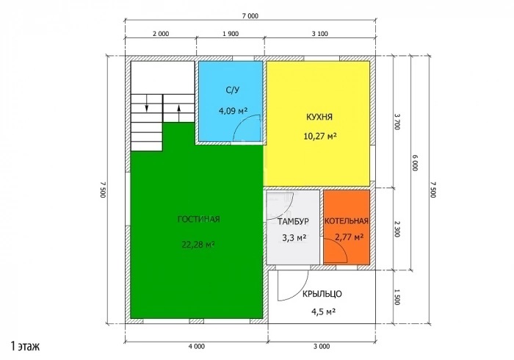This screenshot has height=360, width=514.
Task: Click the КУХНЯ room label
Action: [x=319, y=117]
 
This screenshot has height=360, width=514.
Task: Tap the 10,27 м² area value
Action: [x=320, y=136]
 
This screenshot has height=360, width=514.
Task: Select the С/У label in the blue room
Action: [x=233, y=90]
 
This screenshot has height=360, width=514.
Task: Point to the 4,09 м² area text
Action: [x=233, y=110]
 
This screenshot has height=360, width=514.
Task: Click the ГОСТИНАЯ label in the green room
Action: [x=199, y=219]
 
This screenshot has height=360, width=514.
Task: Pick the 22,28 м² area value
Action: [x=198, y=244]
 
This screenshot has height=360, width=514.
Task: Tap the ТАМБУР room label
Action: [x=293, y=222]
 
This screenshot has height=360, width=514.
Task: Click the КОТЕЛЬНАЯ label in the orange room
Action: [x=347, y=221]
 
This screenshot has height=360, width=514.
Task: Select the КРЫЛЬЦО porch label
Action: [x=322, y=294]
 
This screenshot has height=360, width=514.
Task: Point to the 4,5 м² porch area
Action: [x=323, y=312]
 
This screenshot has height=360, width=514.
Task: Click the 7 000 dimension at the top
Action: [x=250, y=15]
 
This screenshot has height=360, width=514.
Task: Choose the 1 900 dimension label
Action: [x=231, y=34]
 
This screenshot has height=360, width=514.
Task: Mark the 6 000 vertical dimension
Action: [x=414, y=162]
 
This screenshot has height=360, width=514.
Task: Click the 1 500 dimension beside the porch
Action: [x=397, y=297]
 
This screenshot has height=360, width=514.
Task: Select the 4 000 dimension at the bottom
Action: [x=197, y=346]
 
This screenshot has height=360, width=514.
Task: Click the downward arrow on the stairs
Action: [x=147, y=103]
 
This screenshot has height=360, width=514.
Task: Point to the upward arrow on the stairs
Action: [x=178, y=113]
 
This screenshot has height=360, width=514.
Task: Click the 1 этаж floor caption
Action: [x=25, y=346]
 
